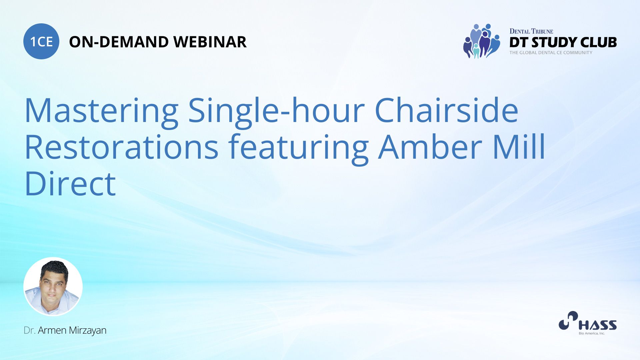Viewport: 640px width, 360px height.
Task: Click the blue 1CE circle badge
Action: coord(41,41)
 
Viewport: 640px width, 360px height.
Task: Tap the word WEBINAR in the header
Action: coord(210,42)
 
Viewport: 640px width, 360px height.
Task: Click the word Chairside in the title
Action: coord(447,110)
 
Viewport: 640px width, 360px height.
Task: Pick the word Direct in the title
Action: coord(70,183)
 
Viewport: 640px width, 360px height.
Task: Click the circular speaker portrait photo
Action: coord(53,287)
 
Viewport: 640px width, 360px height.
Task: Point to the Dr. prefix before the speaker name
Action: coord(30,330)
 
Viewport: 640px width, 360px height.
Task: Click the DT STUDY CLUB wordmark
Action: coord(563,42)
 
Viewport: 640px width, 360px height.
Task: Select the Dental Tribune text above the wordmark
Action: coord(531,31)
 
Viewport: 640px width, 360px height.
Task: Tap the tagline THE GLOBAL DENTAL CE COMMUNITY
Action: coord(551,52)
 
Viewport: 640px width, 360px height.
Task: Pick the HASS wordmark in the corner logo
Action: coord(598,325)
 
